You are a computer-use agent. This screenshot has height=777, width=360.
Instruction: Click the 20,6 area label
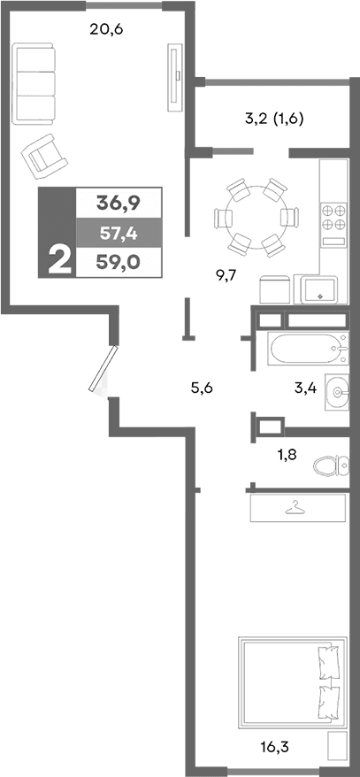(x=106, y=29)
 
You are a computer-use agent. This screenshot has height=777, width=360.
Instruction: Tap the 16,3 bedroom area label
(x=276, y=745)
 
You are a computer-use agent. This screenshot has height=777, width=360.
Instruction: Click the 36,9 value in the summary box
(x=119, y=203)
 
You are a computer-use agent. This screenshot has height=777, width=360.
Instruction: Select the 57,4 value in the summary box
(x=119, y=232)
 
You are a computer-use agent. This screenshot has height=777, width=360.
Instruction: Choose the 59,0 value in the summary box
(x=119, y=261)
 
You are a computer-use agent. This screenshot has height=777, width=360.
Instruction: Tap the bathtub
(x=306, y=350)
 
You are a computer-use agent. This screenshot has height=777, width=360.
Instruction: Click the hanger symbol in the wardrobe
(x=295, y=507)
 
